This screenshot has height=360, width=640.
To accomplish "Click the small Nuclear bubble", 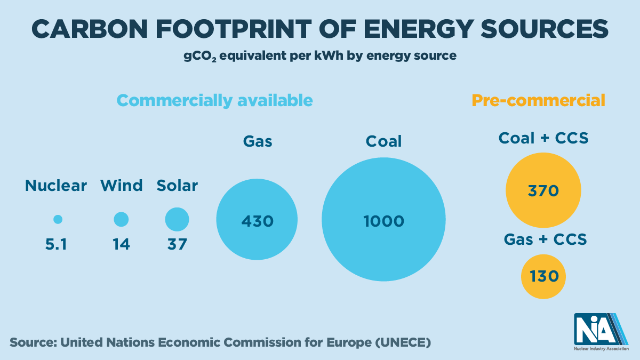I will (x=58, y=219).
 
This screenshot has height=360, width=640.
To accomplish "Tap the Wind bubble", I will (x=122, y=219).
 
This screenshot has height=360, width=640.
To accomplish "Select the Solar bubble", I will (x=177, y=219).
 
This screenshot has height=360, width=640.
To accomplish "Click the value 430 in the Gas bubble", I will (x=257, y=220).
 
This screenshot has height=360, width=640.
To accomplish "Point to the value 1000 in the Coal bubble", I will (x=384, y=220).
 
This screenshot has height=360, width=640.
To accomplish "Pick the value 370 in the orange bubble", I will (x=543, y=190).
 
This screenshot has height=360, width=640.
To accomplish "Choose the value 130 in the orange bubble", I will (x=543, y=276).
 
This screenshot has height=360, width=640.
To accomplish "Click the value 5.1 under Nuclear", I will (x=56, y=244).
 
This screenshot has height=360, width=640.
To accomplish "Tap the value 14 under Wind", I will (x=122, y=244).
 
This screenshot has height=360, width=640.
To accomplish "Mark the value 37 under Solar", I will (x=177, y=244).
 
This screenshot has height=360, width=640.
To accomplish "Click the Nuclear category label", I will (x=56, y=186).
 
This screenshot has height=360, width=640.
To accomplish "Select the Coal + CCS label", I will (x=543, y=139).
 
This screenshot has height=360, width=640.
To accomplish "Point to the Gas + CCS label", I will (x=546, y=239).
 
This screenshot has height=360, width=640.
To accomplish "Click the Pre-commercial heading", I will (x=539, y=100).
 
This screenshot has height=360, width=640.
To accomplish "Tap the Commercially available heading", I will (x=214, y=100).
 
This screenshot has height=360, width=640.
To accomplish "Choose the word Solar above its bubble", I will (x=177, y=186).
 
